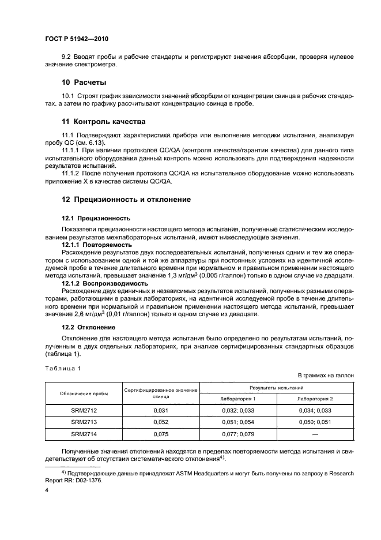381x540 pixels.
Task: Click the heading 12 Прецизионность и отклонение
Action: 126,199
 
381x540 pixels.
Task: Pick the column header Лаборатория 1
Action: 238,399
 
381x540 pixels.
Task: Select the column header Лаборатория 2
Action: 315,399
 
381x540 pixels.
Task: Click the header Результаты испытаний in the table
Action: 276,388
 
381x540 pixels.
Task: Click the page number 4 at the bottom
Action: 47,490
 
